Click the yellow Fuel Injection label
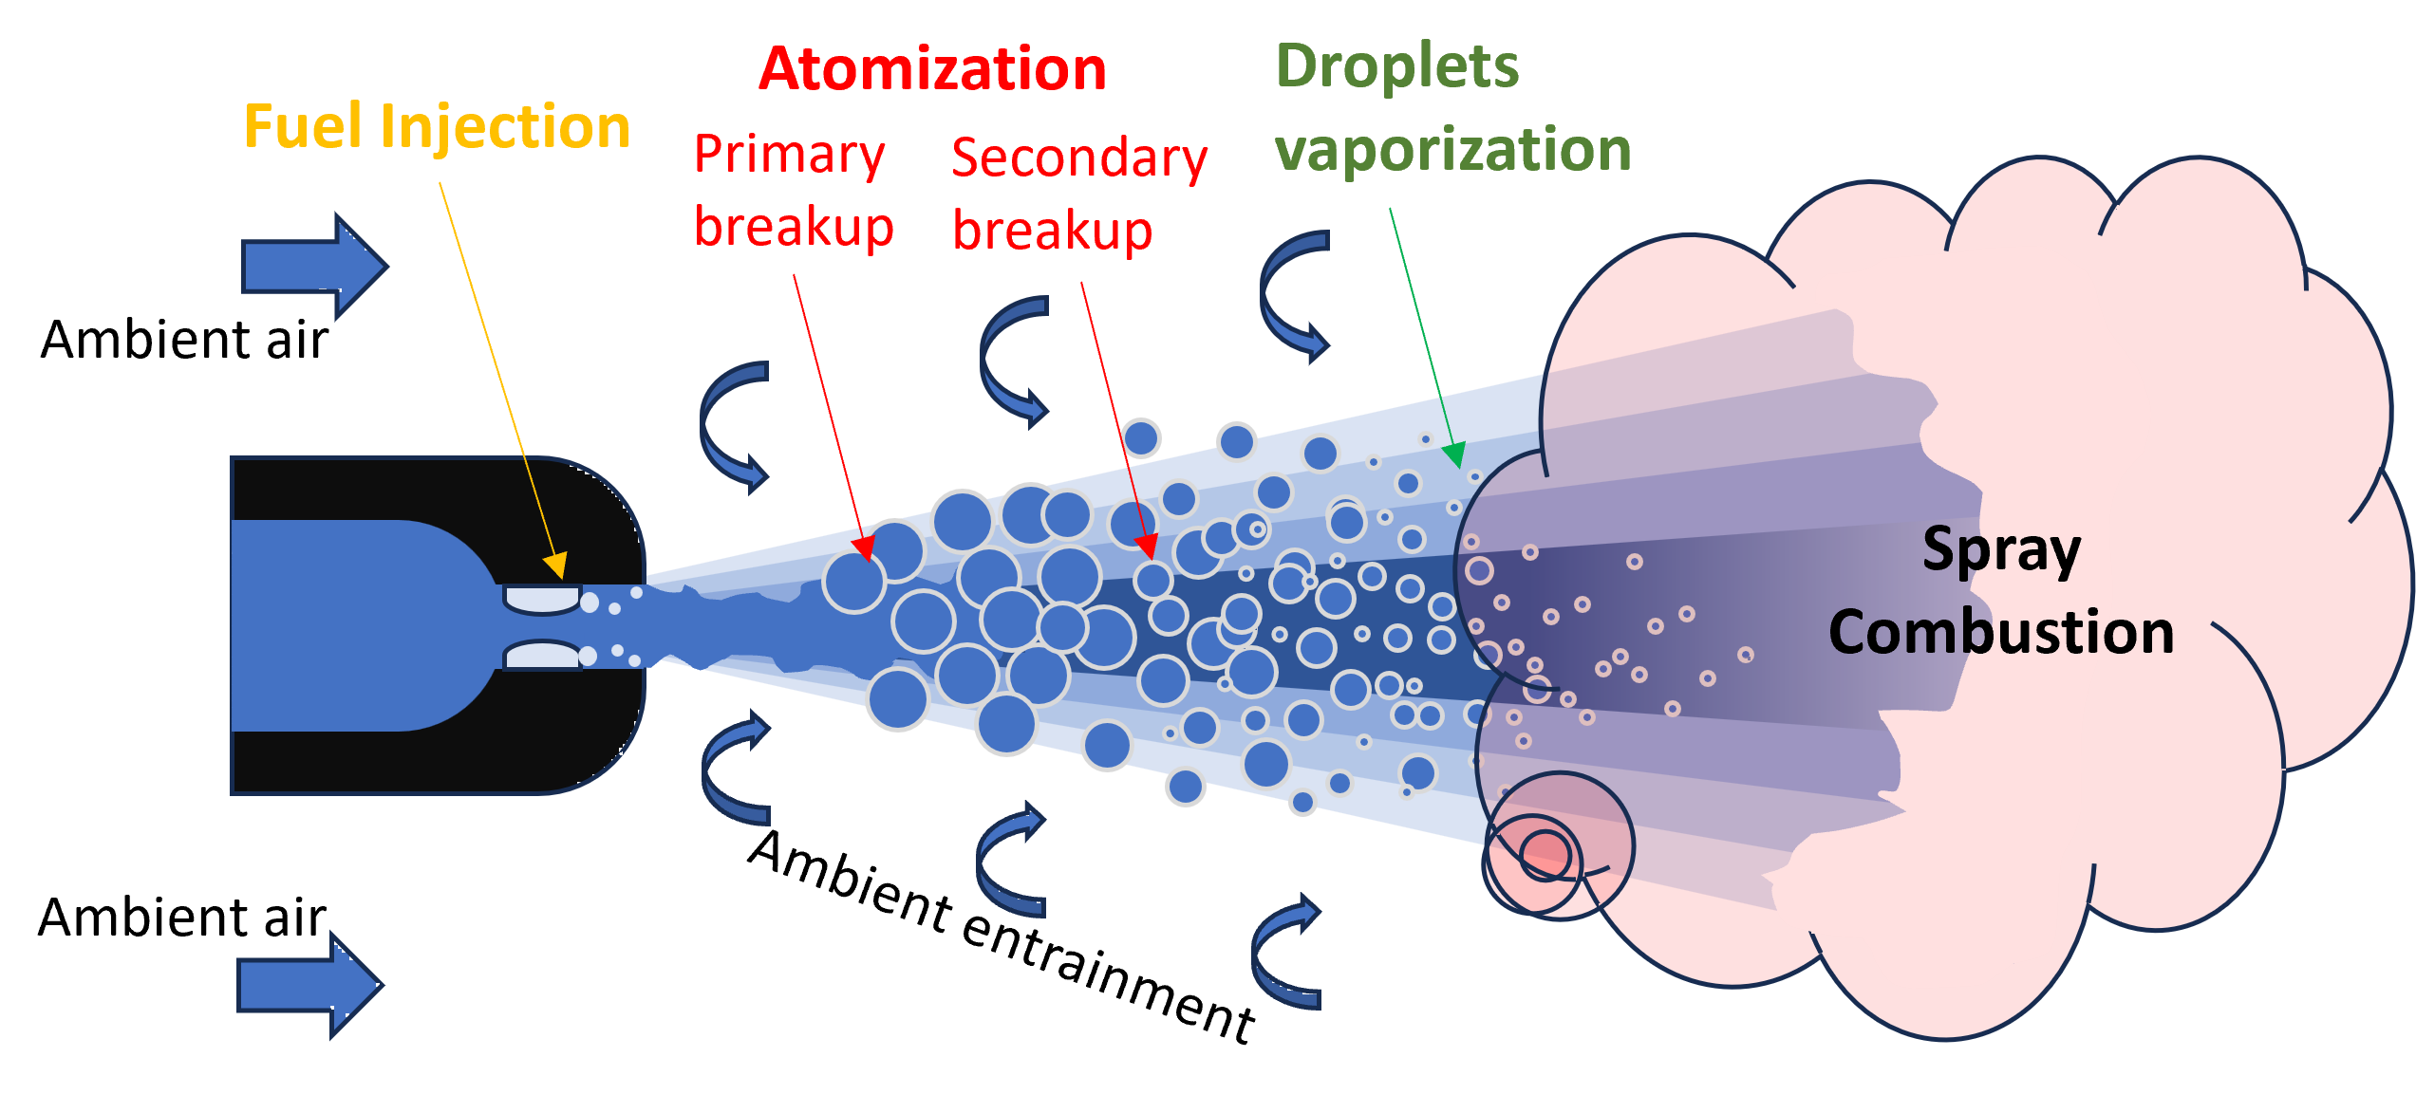(x=437, y=126)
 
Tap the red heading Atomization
(x=932, y=69)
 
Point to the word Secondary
(x=1079, y=158)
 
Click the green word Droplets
(x=1396, y=66)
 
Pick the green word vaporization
(x=1452, y=150)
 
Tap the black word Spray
(x=2001, y=549)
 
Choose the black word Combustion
(x=2001, y=632)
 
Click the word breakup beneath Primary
(x=794, y=228)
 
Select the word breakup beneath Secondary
(x=1052, y=231)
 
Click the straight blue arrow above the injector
(x=313, y=267)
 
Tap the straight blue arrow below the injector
(x=309, y=985)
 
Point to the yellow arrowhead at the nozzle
(x=556, y=566)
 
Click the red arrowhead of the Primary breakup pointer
(x=864, y=548)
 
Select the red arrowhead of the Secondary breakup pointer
(x=1147, y=547)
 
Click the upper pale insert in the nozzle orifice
(x=541, y=599)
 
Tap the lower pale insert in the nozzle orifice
(x=541, y=655)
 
